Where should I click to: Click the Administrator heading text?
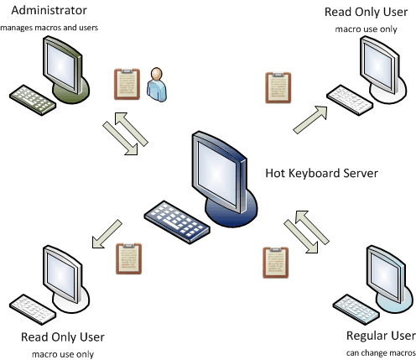49,10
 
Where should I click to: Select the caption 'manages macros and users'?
49,28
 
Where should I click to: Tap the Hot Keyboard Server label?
321,173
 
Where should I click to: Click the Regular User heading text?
381,336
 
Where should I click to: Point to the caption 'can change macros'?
381,352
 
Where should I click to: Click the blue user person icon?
157,85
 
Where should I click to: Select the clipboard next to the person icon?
127,84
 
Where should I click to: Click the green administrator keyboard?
33,100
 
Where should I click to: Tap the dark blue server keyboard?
177,222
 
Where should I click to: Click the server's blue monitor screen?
217,174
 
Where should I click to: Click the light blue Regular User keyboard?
356,309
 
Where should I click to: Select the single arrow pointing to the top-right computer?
310,119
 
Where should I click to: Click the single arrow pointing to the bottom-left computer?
107,234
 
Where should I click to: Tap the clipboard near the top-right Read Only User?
278,88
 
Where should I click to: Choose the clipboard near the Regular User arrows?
276,263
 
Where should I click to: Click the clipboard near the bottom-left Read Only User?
129,258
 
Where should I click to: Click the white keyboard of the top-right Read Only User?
350,100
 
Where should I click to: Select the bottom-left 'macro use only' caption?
63,354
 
